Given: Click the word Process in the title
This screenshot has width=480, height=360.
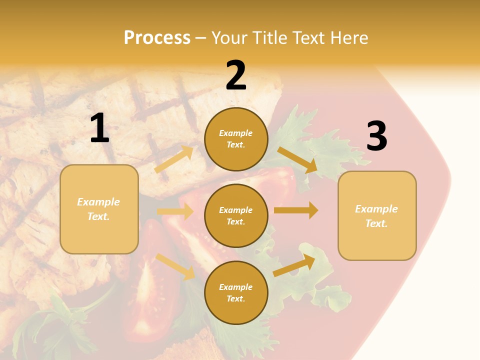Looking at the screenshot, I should [157, 38].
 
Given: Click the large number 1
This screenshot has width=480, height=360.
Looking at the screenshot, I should [99, 128].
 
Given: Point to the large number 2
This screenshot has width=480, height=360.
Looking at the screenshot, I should [236, 75].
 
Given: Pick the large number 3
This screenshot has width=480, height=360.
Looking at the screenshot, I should [376, 136].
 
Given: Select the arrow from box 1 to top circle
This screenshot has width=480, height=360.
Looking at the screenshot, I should [174, 159].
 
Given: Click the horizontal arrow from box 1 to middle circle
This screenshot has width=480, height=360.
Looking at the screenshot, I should [175, 211].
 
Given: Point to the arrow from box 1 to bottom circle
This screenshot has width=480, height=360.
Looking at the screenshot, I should [175, 266].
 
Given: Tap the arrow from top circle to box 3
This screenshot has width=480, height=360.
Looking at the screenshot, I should [298, 160].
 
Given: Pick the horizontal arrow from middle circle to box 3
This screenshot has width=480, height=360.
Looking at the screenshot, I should [296, 210].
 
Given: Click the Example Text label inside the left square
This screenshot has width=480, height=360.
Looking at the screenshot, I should [98, 209].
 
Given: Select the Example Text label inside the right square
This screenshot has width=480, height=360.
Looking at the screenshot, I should [376, 216].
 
